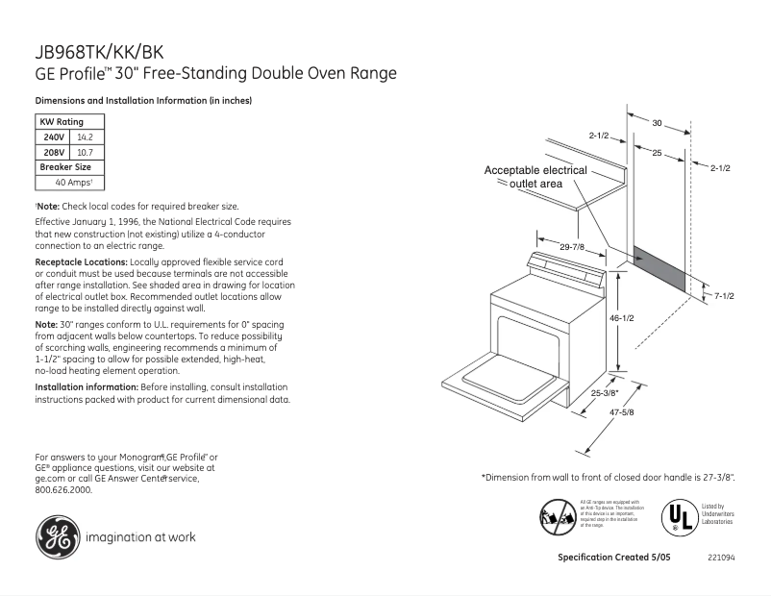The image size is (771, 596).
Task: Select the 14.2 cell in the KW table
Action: coord(85,137)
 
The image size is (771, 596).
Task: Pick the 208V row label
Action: coord(54,152)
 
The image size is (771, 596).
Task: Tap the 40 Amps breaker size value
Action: coord(73,182)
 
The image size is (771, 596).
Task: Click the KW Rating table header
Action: coord(61,122)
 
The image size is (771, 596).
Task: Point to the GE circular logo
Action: coord(57,537)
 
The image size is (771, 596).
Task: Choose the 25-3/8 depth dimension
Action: coord(605,392)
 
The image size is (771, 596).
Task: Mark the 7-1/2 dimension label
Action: coord(723,296)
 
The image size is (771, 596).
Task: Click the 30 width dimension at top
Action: coord(657,123)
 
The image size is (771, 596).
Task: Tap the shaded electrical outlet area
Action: coord(659,270)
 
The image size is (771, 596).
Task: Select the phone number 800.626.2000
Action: coord(63,489)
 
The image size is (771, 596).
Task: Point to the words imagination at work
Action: coord(141,537)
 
